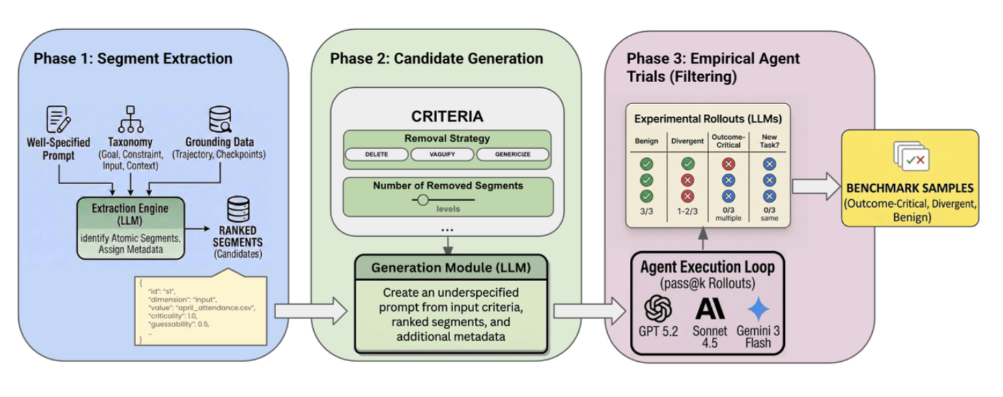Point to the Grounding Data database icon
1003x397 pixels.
tap(219, 120)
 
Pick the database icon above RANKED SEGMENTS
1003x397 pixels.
tap(236, 210)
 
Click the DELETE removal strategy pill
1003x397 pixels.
tap(376, 155)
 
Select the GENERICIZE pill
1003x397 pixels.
tap(513, 155)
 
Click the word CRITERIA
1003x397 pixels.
tap(447, 117)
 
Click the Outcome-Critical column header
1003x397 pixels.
tap(728, 142)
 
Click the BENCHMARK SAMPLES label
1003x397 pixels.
tap(911, 189)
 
